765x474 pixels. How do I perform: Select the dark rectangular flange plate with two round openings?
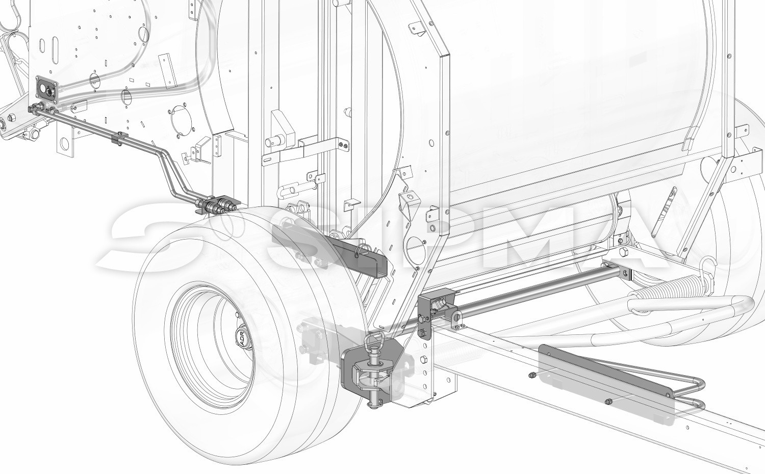click(x=46, y=88)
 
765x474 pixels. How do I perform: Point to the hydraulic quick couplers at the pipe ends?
click(x=216, y=205)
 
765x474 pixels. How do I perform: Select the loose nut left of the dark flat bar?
click(x=532, y=376)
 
